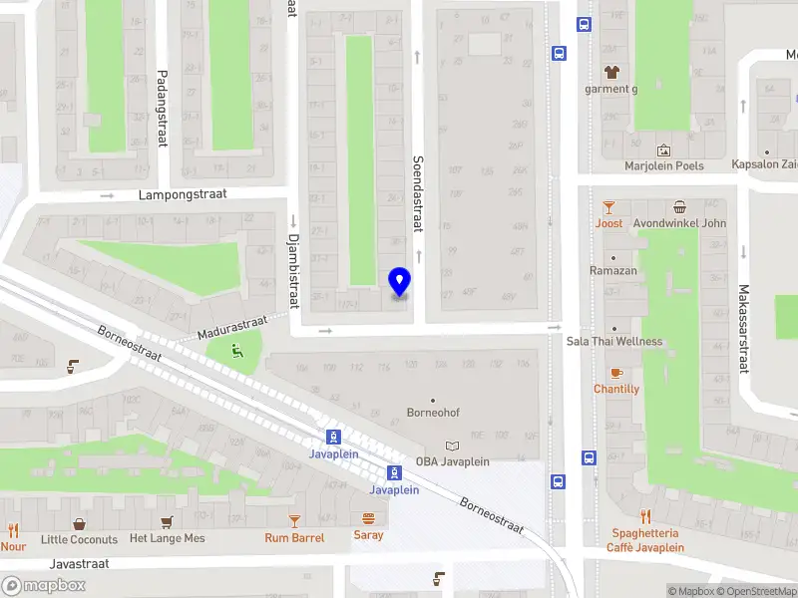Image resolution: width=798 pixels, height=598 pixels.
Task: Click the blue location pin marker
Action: tap(400, 282)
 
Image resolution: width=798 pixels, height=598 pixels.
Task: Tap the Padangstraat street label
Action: tap(162, 109)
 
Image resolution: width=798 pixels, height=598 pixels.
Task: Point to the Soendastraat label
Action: tap(419, 192)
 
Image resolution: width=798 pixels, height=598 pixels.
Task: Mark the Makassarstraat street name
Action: tap(743, 328)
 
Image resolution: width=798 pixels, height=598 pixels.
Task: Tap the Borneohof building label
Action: tap(433, 413)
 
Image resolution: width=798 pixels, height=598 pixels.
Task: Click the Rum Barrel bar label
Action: tap(294, 538)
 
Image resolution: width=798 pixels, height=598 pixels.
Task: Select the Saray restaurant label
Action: tap(368, 535)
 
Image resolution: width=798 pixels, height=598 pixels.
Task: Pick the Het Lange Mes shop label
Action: tap(167, 539)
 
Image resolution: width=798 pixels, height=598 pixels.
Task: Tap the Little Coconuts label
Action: tap(79, 539)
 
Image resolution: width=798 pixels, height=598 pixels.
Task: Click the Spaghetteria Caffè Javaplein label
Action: tap(646, 540)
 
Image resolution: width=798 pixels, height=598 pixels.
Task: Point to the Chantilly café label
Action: tap(616, 389)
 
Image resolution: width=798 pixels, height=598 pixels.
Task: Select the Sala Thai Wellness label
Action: tap(613, 341)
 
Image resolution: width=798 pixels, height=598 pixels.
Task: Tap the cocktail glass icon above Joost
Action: tap(608, 207)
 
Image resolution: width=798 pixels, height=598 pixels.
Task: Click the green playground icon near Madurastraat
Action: tap(237, 350)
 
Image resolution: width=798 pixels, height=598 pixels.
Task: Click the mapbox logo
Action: tap(44, 586)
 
